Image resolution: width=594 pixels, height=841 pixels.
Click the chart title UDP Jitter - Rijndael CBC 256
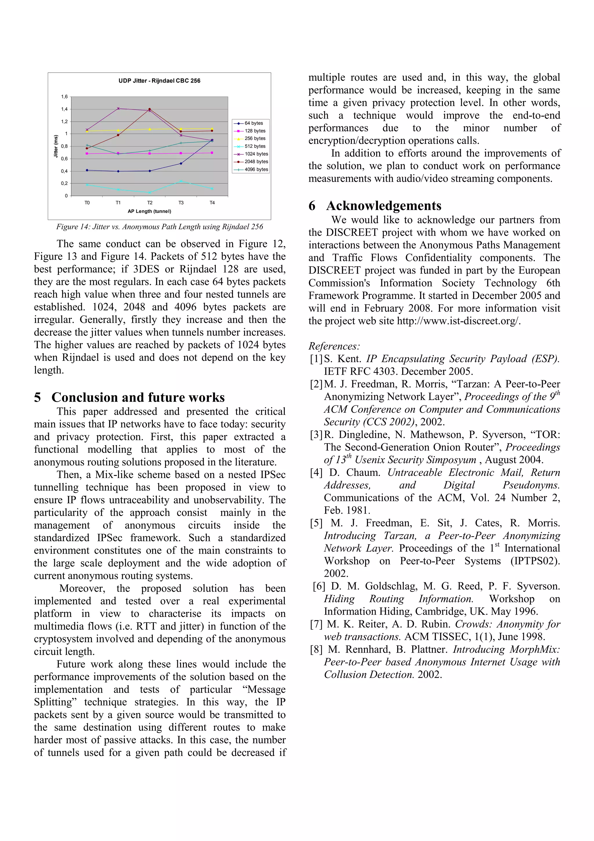point(159,81)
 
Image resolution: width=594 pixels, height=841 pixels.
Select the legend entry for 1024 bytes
point(256,154)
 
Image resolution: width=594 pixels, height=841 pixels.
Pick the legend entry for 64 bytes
point(253,123)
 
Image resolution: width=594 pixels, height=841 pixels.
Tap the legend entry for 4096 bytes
point(256,169)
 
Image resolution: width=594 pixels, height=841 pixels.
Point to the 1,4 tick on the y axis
point(64,109)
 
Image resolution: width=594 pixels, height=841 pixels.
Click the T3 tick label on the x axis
point(181,203)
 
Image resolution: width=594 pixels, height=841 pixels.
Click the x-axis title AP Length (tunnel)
point(149,211)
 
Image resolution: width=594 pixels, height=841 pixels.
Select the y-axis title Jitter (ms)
point(56,146)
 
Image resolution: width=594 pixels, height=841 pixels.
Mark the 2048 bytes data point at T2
point(149,109)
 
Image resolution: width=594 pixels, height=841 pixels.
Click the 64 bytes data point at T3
point(181,163)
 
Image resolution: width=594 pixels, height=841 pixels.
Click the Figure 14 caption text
point(160,227)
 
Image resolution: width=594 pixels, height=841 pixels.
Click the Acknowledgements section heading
point(383,206)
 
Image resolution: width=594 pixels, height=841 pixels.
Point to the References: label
point(334,346)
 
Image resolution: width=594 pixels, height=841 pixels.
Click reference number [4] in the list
point(316,472)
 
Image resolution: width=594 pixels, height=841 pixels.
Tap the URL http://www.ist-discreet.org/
point(458,321)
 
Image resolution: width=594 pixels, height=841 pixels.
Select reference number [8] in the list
point(316,649)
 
